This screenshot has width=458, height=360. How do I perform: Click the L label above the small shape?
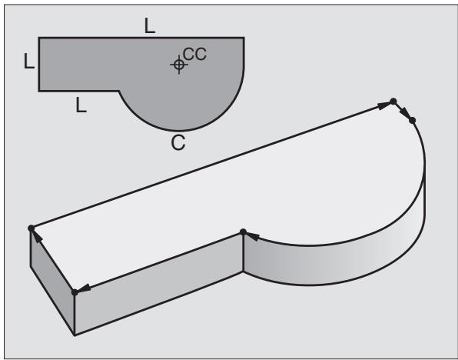coord(150,25)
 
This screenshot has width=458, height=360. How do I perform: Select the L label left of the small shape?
coord(29,61)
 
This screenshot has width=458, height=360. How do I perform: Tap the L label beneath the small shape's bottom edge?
coord(81,105)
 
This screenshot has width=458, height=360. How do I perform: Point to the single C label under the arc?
coord(178,143)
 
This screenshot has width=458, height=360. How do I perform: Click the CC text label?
coord(195,54)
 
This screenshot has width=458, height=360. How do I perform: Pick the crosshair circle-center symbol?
coord(179,65)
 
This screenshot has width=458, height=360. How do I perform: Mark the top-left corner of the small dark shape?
coord(39,38)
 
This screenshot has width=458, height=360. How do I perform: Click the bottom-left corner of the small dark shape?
coord(39,91)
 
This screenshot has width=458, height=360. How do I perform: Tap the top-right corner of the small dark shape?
coord(244,38)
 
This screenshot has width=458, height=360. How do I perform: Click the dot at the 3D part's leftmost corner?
coord(31,228)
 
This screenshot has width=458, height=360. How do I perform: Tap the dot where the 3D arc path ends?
coord(243,232)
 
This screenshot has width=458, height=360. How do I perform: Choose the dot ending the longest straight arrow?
coord(393,102)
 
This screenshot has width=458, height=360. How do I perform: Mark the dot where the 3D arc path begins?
coord(412,120)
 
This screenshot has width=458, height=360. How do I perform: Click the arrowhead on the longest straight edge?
coord(383,105)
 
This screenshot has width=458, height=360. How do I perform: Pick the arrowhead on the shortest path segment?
coord(405,112)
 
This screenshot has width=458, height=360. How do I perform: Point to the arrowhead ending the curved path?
coord(253,236)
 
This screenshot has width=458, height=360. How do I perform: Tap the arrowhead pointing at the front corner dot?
coord(84,288)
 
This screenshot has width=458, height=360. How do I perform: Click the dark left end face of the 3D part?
coord(52,282)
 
